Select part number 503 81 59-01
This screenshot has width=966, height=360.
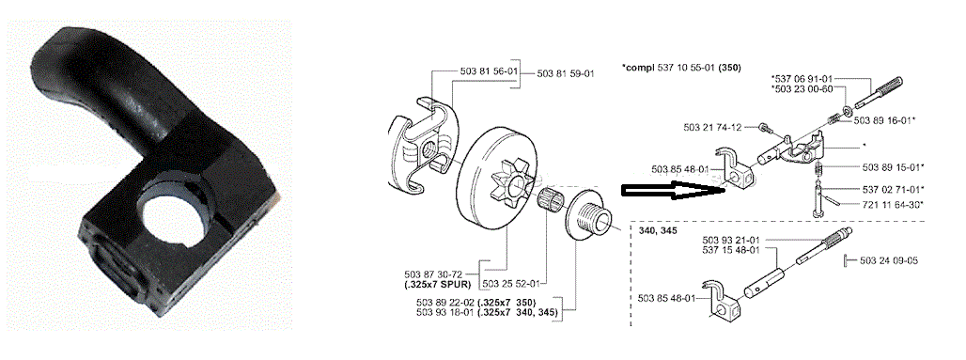click(x=566, y=73)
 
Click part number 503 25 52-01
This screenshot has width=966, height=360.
click(x=512, y=284)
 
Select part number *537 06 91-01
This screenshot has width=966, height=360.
click(x=802, y=78)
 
